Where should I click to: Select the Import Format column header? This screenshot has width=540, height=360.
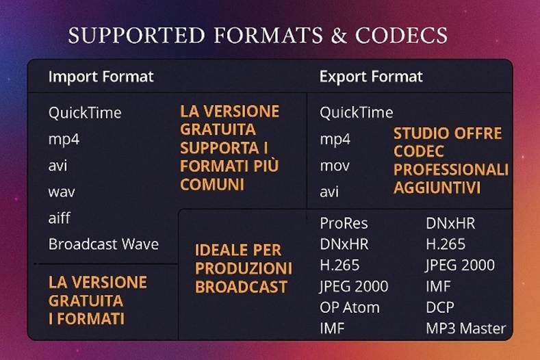(x=101, y=76)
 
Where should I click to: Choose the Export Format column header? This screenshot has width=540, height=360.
(x=371, y=76)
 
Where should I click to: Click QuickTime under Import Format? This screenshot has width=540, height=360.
(x=85, y=112)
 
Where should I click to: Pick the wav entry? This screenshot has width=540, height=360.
(x=62, y=192)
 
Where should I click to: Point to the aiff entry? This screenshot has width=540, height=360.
(x=60, y=218)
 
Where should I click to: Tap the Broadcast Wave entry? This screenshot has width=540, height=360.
(x=103, y=244)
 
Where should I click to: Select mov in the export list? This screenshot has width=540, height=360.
(x=335, y=166)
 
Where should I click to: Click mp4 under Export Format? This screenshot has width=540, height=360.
(x=335, y=140)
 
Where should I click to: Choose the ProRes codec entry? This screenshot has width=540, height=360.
(x=344, y=223)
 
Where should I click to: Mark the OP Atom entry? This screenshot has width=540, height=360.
(x=349, y=307)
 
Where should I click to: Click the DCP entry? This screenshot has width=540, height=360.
(x=439, y=307)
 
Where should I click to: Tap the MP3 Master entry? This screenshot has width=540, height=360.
(x=465, y=328)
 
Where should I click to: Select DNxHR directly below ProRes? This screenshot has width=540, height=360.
(x=344, y=244)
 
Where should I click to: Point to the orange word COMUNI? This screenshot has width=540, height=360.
(x=211, y=185)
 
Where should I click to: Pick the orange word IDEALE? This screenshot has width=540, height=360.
(x=218, y=250)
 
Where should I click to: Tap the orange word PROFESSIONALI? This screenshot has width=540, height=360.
(x=451, y=168)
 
